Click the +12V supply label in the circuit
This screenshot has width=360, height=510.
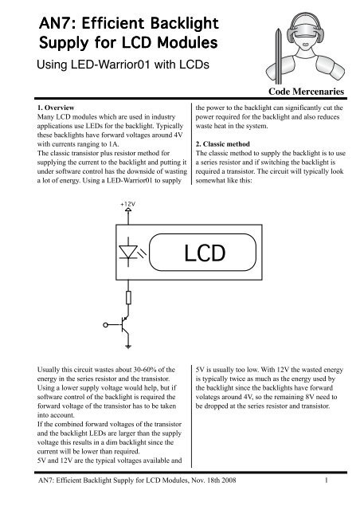point(128,226)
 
